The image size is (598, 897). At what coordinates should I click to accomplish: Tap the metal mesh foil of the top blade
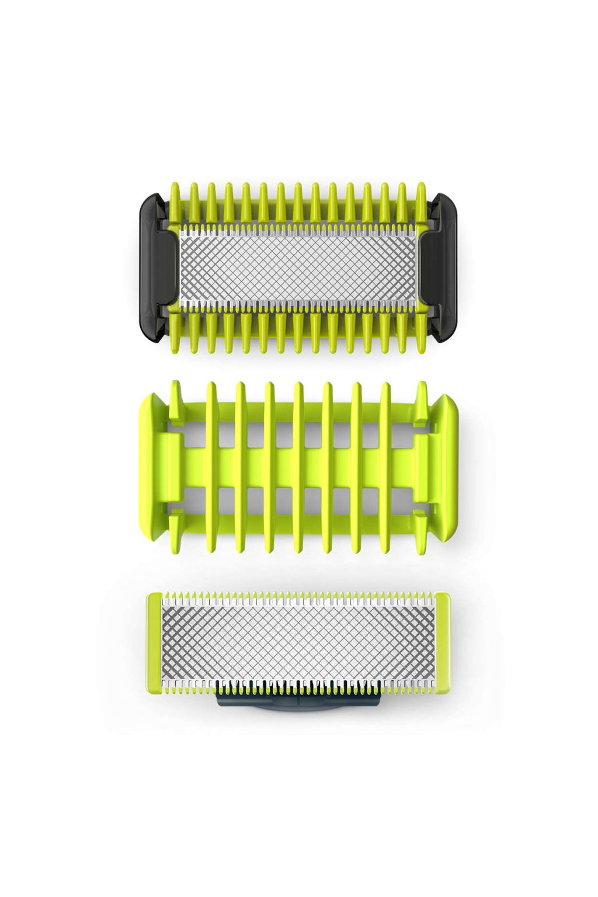(x=298, y=266)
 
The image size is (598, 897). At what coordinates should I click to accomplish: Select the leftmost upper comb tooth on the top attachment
(x=175, y=202)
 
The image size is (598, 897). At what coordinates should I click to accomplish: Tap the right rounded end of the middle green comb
(x=447, y=467)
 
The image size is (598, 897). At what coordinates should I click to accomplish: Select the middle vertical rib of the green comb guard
(x=298, y=467)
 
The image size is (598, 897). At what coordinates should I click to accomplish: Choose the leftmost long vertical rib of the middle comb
(x=211, y=467)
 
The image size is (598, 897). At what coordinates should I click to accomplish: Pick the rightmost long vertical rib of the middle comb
(x=385, y=467)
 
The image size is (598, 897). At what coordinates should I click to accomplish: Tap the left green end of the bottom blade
(x=154, y=642)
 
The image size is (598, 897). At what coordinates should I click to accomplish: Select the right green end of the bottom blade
(x=442, y=642)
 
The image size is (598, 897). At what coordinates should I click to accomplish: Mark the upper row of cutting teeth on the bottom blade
(x=298, y=599)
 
